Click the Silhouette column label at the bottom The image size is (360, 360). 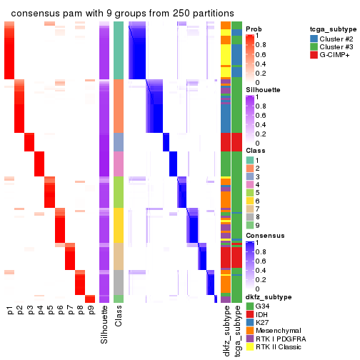(105, 325)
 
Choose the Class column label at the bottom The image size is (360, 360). (119, 318)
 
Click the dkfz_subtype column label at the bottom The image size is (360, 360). (226, 331)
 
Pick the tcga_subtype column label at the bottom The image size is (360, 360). (236, 331)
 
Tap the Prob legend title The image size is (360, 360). (254, 29)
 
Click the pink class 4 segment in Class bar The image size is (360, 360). (119, 164)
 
